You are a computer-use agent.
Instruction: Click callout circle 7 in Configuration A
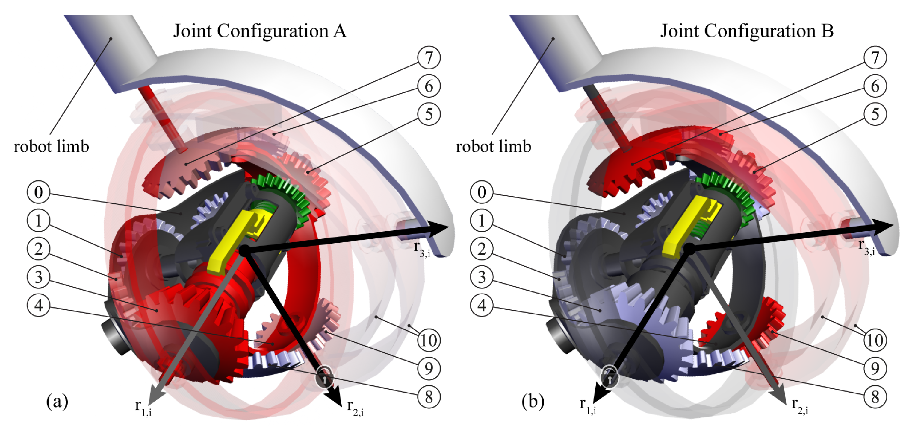coord(429,57)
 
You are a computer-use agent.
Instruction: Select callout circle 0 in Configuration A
coord(38,192)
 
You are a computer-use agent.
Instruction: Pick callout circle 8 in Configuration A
coord(429,397)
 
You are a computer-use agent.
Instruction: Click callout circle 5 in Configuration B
coord(875,114)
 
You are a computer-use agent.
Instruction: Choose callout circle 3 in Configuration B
coord(481,277)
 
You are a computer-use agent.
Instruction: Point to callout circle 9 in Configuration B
coord(875,368)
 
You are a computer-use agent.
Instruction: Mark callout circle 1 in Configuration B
coord(481,221)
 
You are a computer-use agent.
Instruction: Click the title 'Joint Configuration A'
coord(260,31)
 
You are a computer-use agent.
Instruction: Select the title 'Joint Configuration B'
coord(747,31)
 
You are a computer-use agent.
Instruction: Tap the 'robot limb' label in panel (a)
coord(52,147)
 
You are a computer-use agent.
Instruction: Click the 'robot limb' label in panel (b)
coord(493,147)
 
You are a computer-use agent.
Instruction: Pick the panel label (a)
coord(57,402)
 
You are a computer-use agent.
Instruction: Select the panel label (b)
coord(533,402)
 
